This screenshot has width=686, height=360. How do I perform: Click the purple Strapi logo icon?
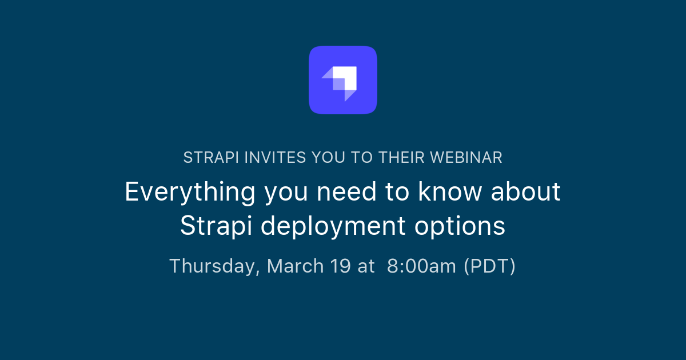(343, 80)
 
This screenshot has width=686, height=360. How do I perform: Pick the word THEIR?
(402, 158)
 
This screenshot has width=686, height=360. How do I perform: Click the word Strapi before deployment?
(217, 226)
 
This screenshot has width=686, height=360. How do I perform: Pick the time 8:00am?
(421, 266)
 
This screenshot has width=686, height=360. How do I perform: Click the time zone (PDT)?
(489, 266)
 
